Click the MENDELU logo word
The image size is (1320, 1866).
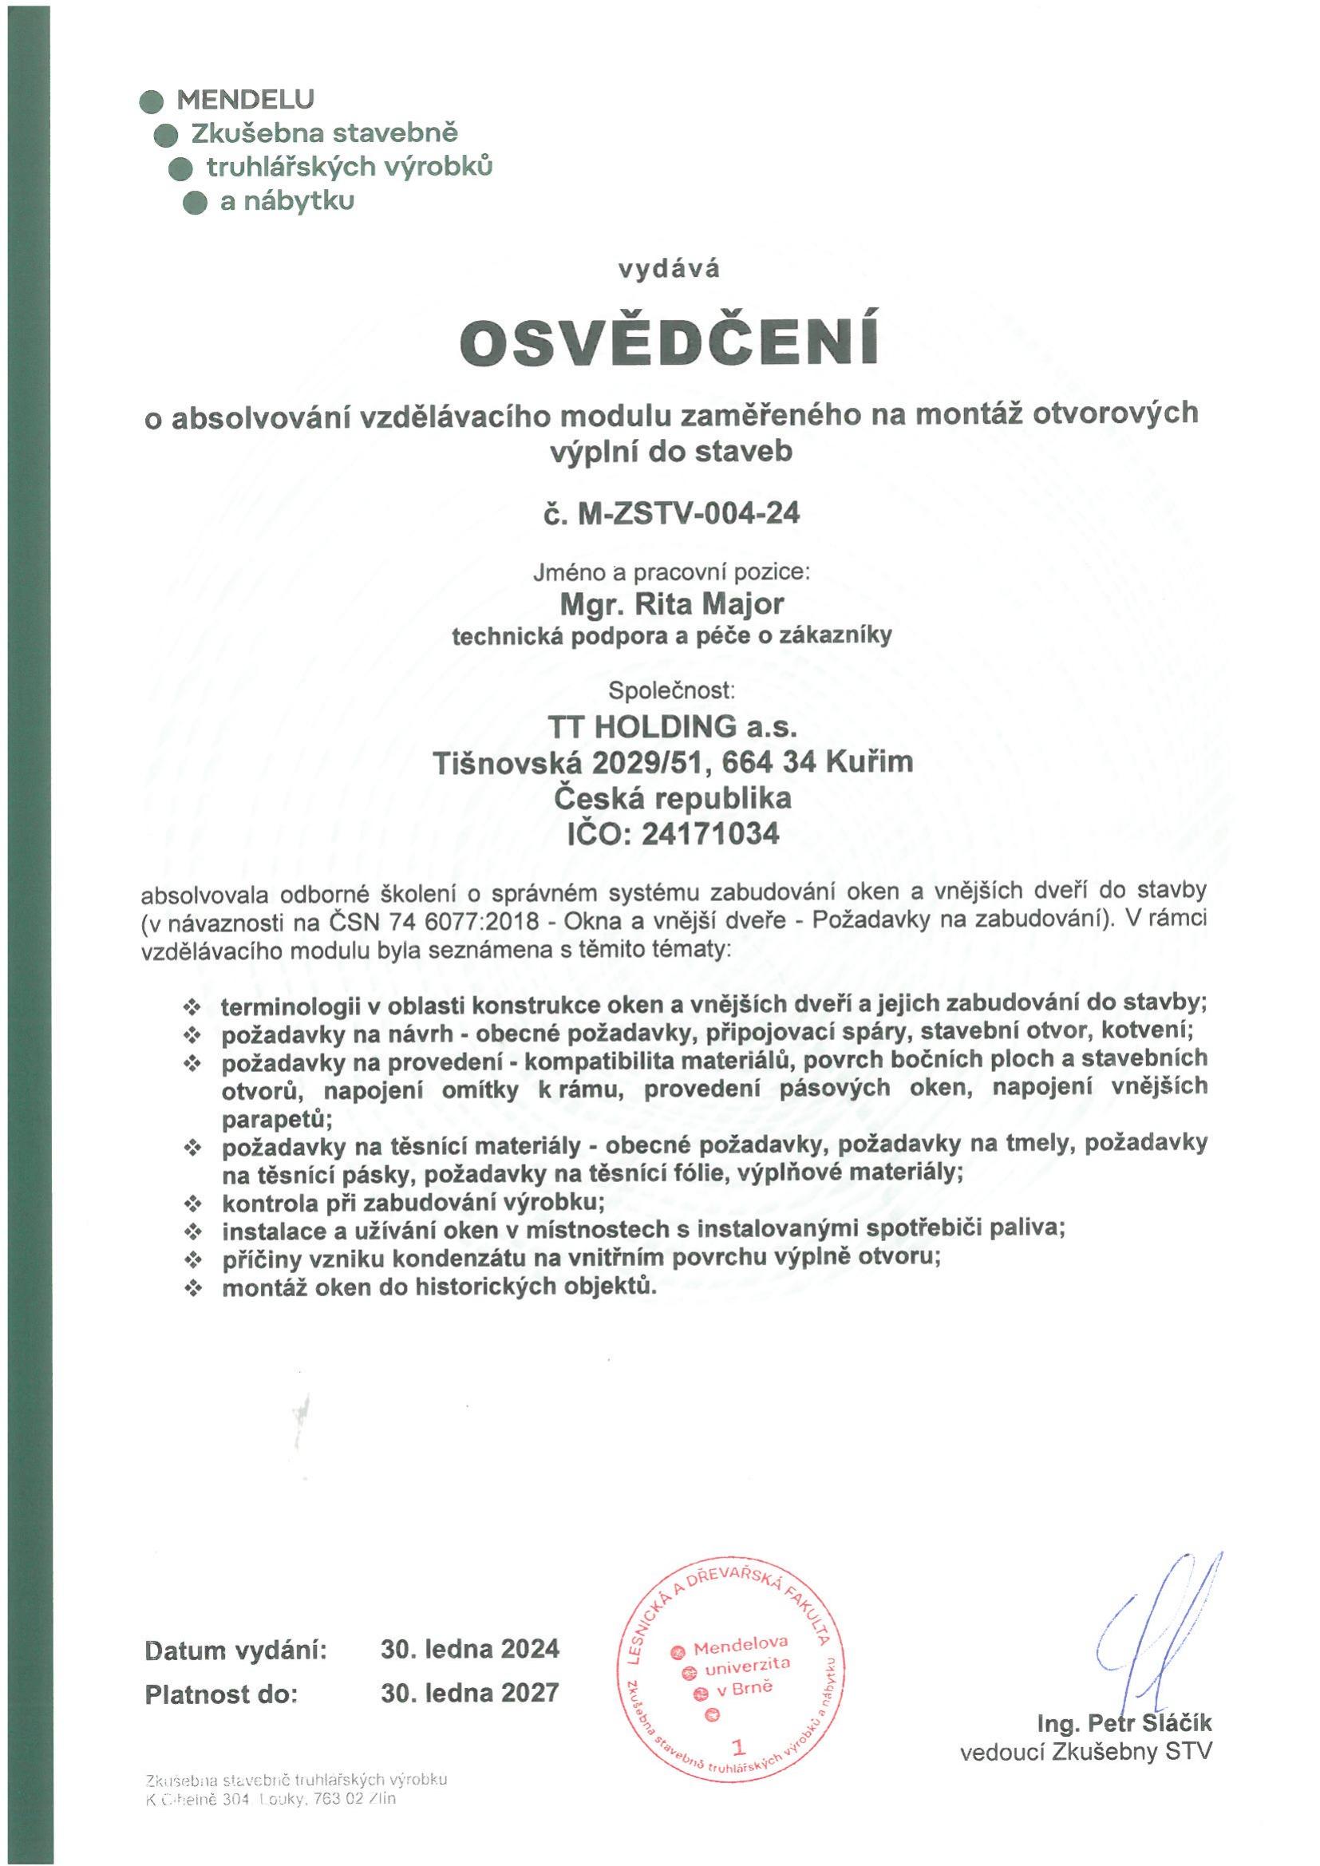click(x=245, y=99)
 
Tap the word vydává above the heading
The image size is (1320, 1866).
click(x=669, y=269)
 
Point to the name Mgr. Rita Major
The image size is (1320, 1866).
click(x=670, y=604)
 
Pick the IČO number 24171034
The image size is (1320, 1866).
click(x=709, y=834)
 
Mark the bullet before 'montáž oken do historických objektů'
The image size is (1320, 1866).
click(x=192, y=1287)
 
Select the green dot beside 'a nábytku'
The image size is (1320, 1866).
click(x=195, y=203)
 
